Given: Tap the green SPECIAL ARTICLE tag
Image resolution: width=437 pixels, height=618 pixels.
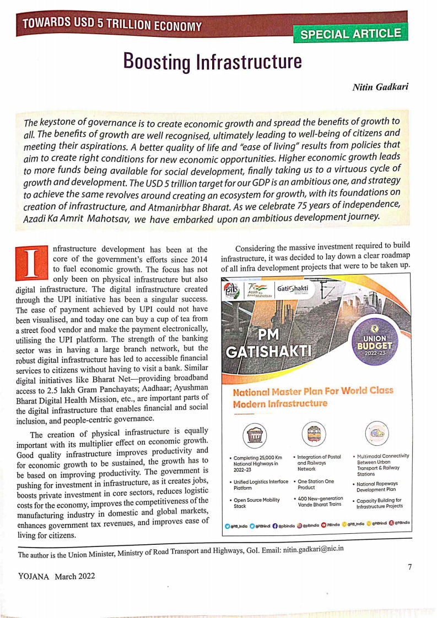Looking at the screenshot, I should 351,34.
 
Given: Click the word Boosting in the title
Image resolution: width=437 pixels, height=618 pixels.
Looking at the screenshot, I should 158,61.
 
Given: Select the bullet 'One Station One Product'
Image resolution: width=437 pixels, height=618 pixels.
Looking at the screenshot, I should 316,484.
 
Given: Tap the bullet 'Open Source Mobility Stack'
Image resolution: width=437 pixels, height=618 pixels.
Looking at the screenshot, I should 256,502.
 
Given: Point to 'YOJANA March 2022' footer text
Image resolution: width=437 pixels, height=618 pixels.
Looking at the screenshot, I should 57,576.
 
